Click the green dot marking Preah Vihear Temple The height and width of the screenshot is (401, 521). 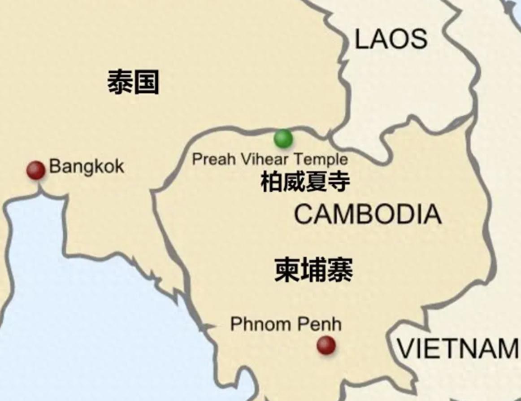pyautogui.click(x=283, y=139)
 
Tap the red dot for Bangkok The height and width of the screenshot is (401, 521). pyautogui.click(x=36, y=170)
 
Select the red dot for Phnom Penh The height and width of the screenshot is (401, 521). pyautogui.click(x=326, y=345)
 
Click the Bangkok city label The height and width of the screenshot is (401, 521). pyautogui.click(x=87, y=166)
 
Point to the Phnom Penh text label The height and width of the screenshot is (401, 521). pyautogui.click(x=286, y=324)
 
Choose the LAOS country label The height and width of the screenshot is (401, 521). pyautogui.click(x=391, y=39)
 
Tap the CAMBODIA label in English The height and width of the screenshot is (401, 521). pyautogui.click(x=368, y=214)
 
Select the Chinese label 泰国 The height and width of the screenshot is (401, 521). pyautogui.click(x=133, y=83)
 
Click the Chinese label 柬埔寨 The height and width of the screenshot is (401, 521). pyautogui.click(x=313, y=270)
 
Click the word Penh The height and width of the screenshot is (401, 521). pyautogui.click(x=321, y=324)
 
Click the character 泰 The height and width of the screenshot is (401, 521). pyautogui.click(x=120, y=83)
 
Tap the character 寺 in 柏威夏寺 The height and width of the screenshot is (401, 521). pyautogui.click(x=339, y=182)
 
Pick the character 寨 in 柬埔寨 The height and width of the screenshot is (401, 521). pyautogui.click(x=340, y=270)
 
